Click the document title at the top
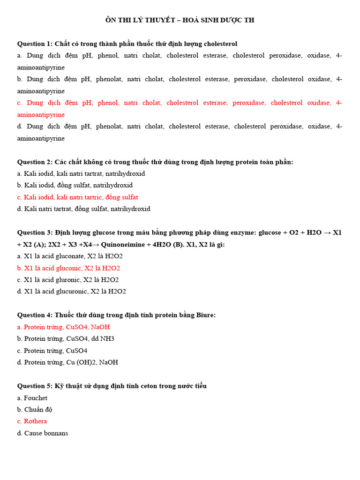tap(180, 20)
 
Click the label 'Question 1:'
tap(35, 44)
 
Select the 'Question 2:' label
tap(35, 162)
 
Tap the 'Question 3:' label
tap(35, 232)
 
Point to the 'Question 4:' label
tap(35, 315)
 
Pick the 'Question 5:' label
tap(35, 386)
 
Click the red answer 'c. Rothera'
tap(32, 421)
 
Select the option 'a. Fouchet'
tap(32, 397)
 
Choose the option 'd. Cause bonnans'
tap(43, 433)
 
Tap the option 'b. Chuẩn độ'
tap(35, 410)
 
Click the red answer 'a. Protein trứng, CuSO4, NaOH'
tap(63, 327)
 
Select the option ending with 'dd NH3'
tap(66, 338)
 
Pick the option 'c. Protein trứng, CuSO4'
tap(52, 351)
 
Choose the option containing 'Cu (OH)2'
tap(67, 362)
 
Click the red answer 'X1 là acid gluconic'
tap(68, 268)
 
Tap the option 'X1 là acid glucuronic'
tap(71, 292)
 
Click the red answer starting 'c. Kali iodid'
tap(78, 197)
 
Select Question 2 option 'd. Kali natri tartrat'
tap(84, 209)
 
